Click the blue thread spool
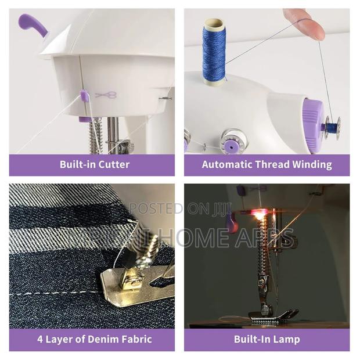pyautogui.click(x=214, y=51)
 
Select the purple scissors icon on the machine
pyautogui.click(x=106, y=95)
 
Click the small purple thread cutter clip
pyautogui.click(x=84, y=95)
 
